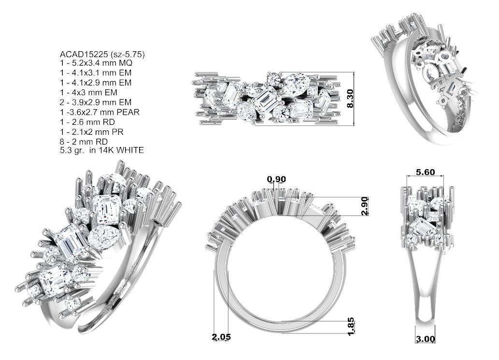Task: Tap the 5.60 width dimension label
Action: click(425, 172)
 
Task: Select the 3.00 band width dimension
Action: click(425, 339)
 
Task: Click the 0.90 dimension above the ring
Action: click(276, 180)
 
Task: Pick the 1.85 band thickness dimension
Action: click(351, 325)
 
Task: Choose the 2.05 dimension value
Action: click(221, 337)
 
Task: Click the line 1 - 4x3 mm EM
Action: click(88, 92)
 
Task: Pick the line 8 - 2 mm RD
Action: click(84, 141)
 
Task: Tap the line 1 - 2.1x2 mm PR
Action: click(93, 131)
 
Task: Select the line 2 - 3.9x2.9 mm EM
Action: click(95, 102)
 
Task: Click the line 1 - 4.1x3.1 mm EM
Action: click(95, 73)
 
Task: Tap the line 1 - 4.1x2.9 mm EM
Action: click(95, 83)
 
